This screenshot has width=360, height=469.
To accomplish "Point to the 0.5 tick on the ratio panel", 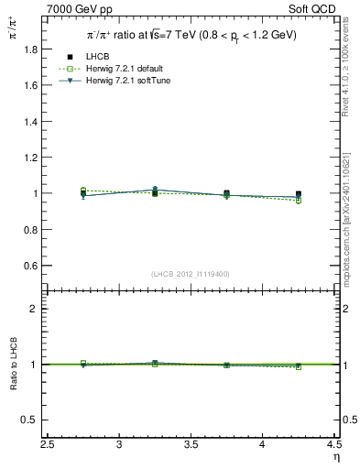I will point(31,420).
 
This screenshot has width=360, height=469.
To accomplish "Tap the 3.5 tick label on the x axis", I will point(191,445).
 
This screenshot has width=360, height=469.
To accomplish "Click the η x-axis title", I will point(335,457).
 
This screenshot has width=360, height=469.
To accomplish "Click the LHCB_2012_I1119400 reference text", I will point(191,274).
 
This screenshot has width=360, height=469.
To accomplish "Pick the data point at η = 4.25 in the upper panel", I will point(299,194).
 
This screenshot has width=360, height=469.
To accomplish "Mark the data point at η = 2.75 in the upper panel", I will point(83,194).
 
